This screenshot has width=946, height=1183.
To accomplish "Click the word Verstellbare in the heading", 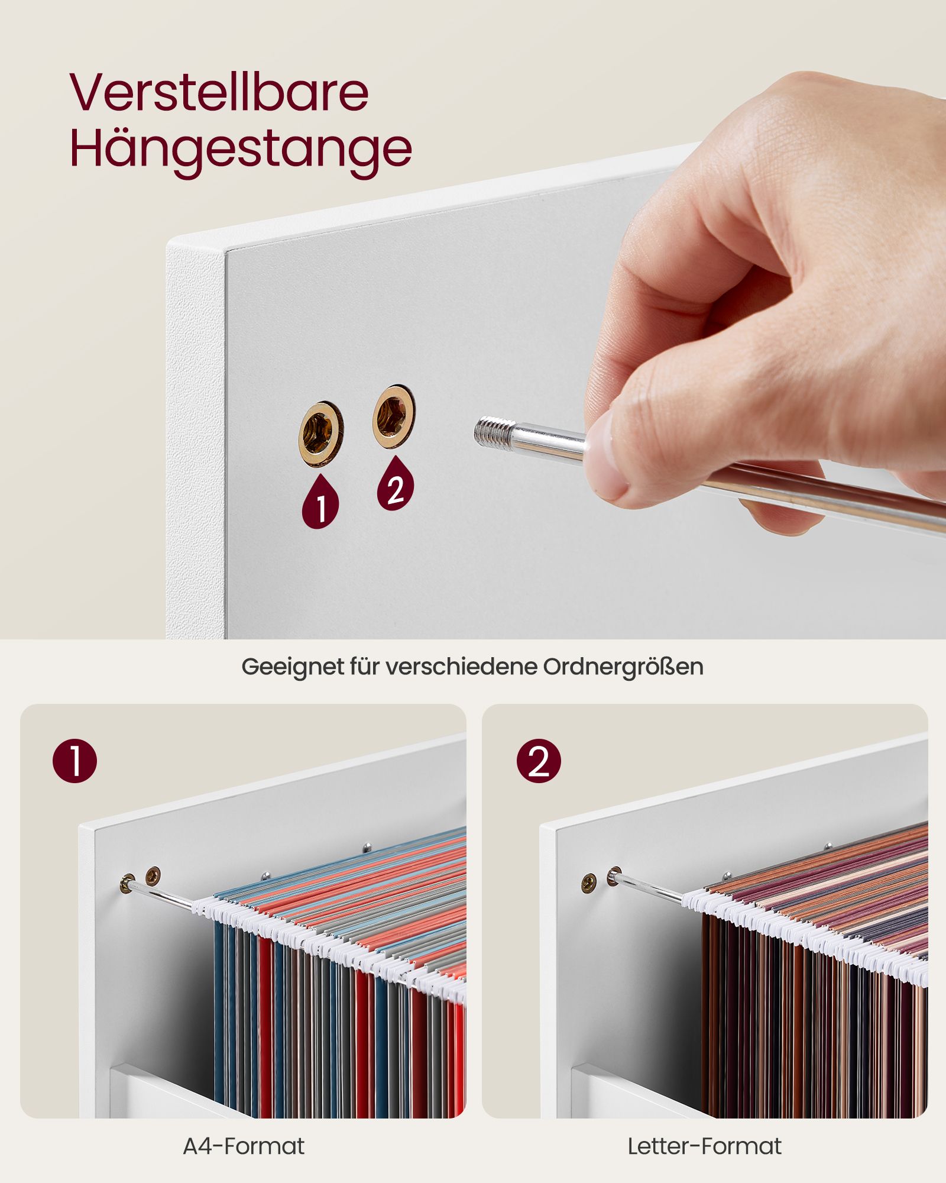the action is coord(219,92).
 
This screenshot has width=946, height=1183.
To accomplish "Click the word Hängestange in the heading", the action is coord(241,149).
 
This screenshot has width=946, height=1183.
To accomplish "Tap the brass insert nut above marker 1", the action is coord(321,434).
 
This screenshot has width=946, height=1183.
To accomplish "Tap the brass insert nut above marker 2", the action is coord(394,416).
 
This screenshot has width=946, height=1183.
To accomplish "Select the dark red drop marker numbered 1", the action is coord(320,503).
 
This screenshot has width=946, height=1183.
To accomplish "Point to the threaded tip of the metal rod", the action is coord(494,430).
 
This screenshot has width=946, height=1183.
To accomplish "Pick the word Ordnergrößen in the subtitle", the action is coord(623,667).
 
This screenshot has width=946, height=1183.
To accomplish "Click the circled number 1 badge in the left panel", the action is coord(74,761).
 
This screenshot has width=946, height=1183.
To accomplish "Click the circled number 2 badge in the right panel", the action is coord(539,761).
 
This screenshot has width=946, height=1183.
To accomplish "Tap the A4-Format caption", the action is coord(244,1146).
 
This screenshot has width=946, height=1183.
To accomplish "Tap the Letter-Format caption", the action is coord(704,1146).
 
